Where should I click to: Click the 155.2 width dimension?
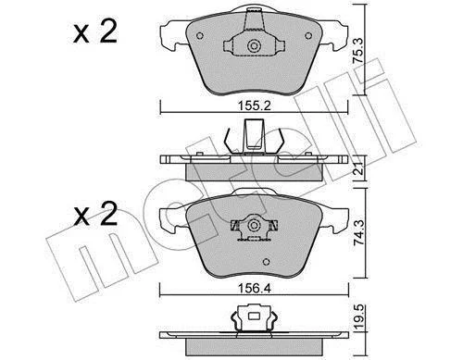[255, 106]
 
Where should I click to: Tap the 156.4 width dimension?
[255, 289]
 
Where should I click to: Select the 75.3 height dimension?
[358, 51]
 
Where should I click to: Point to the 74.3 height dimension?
[359, 233]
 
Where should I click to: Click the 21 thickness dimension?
[359, 168]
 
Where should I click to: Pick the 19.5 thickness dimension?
[359, 317]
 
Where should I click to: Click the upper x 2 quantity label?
[95, 31]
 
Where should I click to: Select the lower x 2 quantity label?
[95, 214]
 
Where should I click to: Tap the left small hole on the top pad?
[200, 36]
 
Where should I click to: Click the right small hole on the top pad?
[308, 36]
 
